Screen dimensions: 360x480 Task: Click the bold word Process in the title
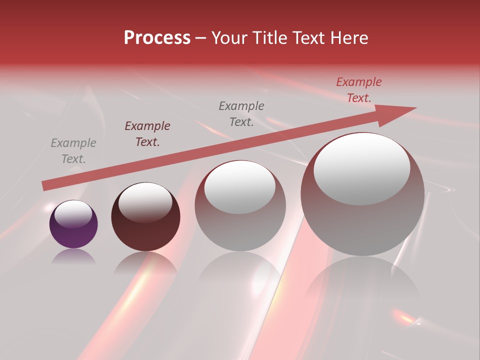157,38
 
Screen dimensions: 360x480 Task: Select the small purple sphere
73,224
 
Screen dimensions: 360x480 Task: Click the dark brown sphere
145,217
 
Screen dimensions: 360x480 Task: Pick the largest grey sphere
362,194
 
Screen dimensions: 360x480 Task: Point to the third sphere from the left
240,205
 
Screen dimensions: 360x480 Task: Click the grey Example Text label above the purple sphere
73,151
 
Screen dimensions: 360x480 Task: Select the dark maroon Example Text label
147,134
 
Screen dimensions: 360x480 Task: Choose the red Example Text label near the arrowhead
359,90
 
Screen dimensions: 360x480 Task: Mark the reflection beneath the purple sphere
73,257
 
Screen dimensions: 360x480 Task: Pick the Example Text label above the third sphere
241,114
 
